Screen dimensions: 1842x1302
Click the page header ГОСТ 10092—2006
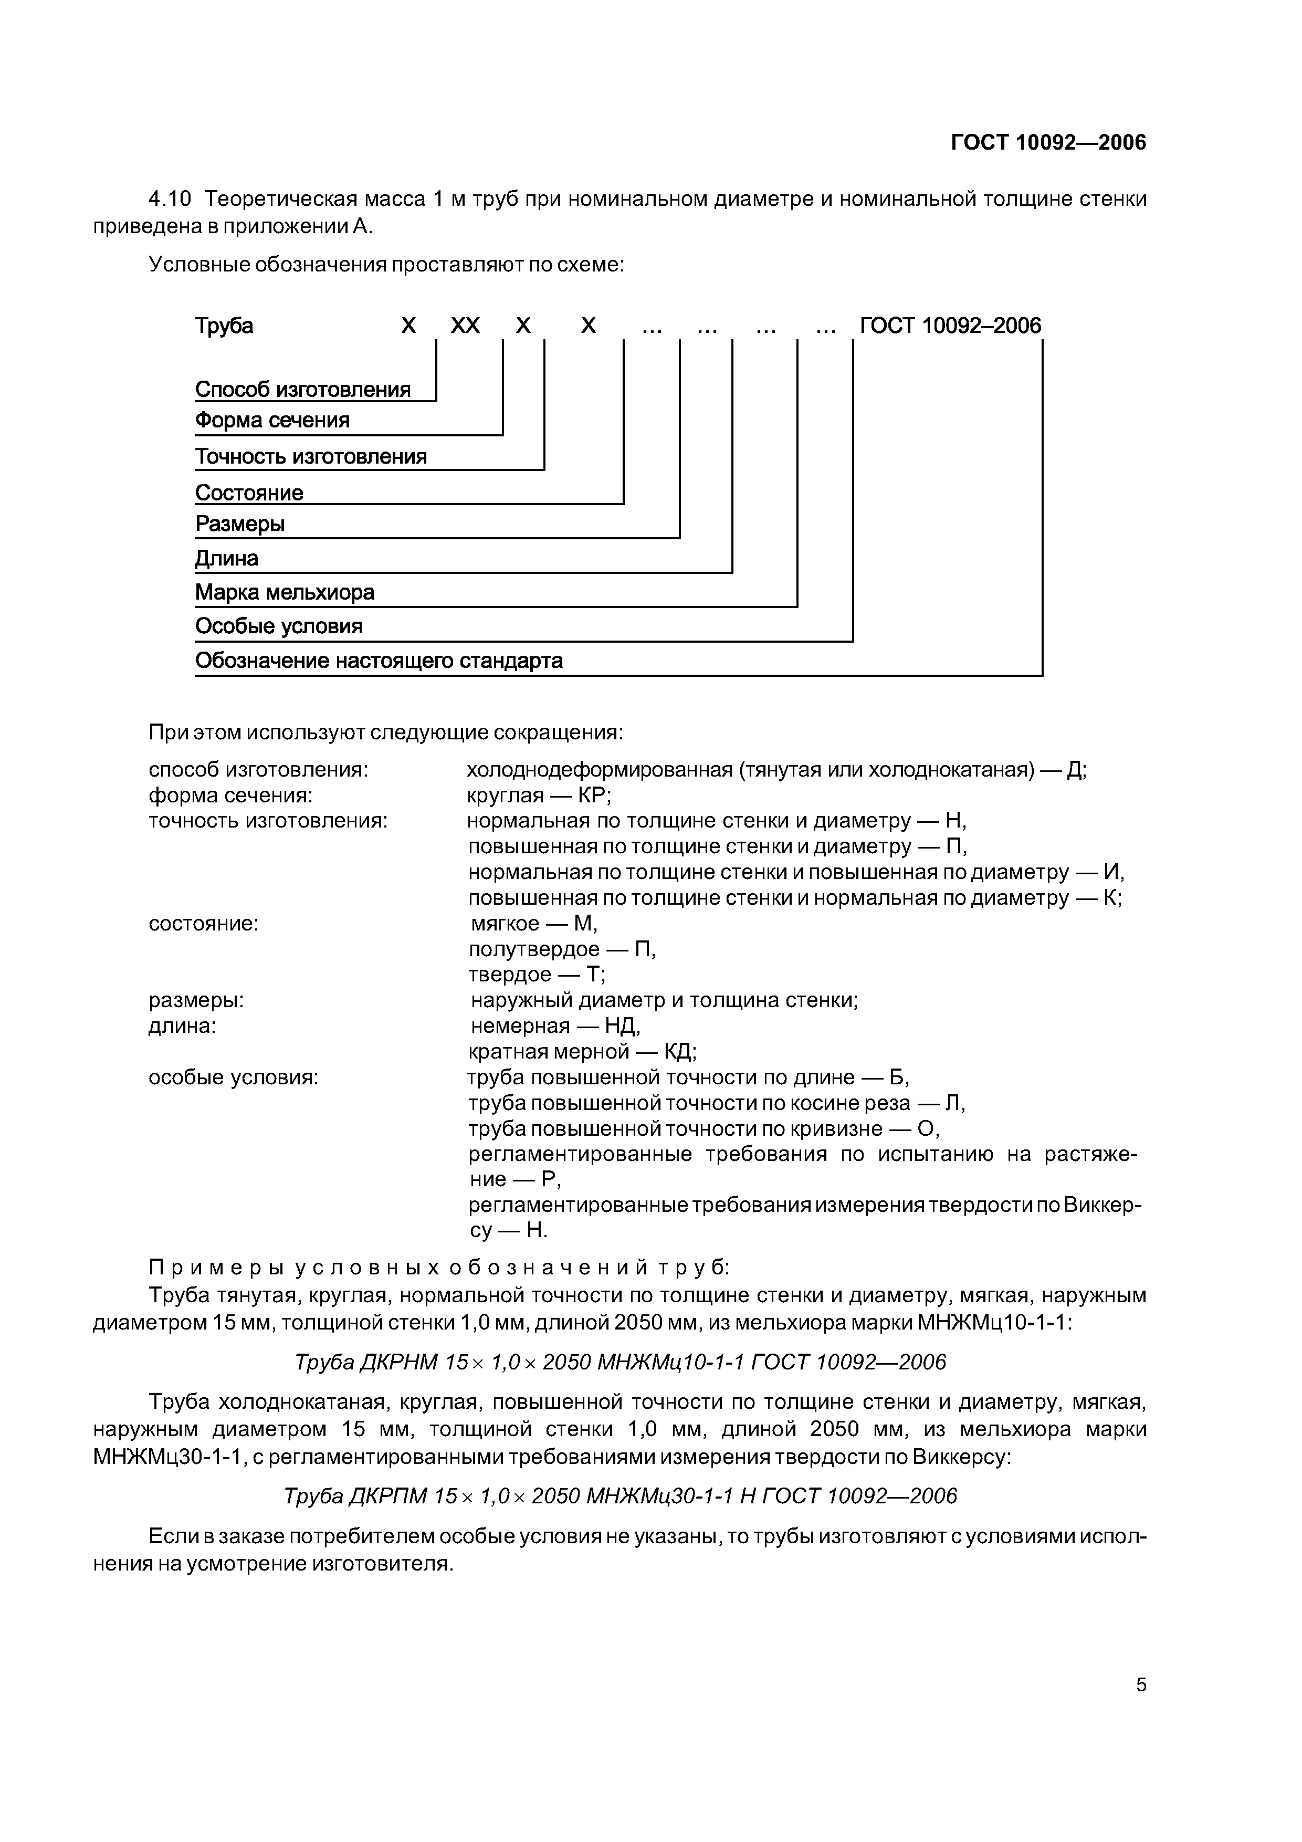coord(1048,143)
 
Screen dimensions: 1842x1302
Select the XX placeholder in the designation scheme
coord(465,326)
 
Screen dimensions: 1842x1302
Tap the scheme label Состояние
coord(249,493)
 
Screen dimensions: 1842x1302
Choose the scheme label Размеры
coord(240,524)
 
